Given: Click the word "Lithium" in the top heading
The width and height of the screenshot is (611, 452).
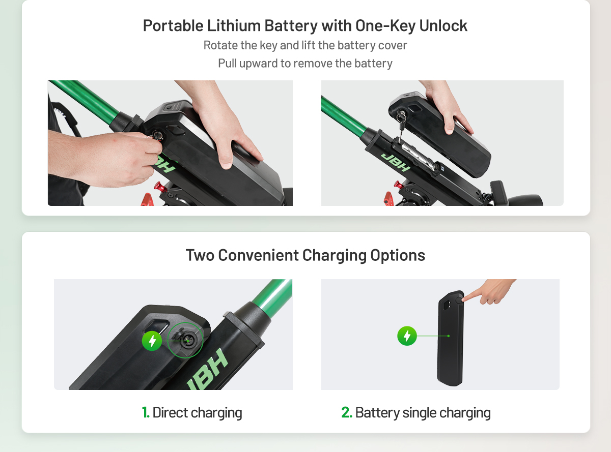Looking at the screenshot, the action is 234,25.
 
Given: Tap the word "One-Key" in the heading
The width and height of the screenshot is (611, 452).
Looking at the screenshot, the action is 385,26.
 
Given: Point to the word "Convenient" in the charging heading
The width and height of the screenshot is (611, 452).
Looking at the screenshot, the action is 258,255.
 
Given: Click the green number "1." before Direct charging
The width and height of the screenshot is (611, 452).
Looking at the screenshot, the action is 146,412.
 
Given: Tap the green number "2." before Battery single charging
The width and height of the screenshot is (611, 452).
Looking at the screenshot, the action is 347,412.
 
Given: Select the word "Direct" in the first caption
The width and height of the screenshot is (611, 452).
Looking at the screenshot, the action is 170,412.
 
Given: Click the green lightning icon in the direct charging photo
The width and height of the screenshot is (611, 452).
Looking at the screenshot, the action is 152,341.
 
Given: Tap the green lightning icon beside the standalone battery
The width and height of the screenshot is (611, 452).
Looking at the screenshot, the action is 407,336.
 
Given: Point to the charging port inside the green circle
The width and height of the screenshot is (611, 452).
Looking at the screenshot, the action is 186,340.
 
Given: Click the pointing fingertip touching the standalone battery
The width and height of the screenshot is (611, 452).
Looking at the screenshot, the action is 465,299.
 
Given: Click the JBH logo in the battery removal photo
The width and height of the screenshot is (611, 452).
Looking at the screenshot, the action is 396,162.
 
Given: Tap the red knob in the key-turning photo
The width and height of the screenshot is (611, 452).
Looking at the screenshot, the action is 159,187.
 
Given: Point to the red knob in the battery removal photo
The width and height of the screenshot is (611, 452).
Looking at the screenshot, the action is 398,185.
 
